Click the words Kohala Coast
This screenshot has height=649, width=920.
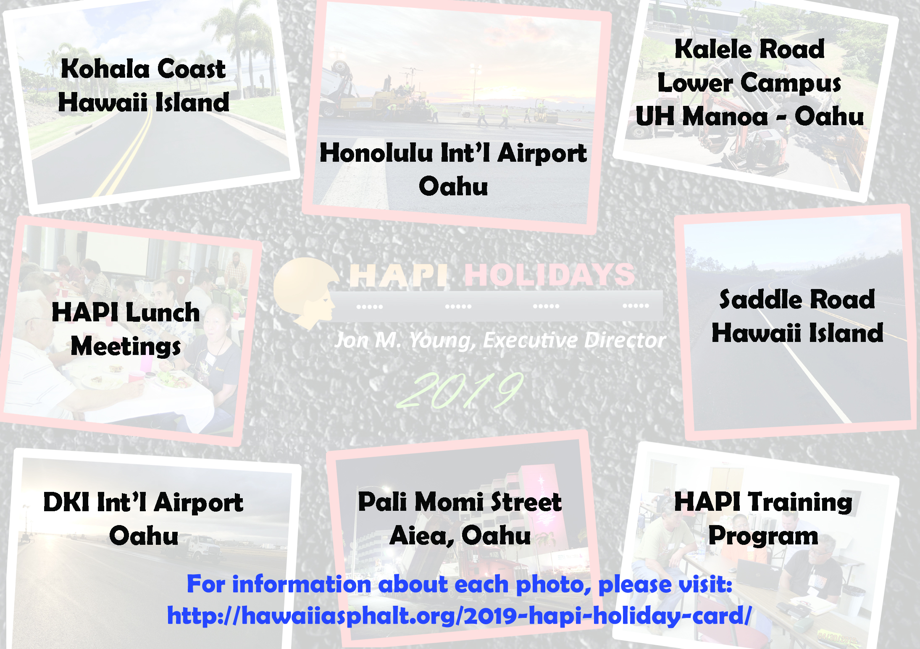point(143,68)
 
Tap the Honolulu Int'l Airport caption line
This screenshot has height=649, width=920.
point(453,153)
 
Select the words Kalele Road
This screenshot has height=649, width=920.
point(749,49)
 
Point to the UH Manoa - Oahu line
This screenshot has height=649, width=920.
point(749,116)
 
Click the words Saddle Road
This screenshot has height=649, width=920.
point(797,300)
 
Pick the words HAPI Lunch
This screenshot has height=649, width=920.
point(126,312)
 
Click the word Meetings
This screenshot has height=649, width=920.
point(126,346)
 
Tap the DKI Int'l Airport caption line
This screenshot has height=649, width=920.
point(143,502)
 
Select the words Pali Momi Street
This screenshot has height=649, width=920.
point(460,502)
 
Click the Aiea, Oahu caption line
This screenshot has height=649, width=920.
point(460,536)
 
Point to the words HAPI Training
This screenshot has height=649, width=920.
point(763,502)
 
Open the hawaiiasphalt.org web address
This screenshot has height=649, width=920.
point(459,616)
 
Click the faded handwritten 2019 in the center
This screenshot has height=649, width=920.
point(460,390)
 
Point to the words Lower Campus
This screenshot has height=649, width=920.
point(749,83)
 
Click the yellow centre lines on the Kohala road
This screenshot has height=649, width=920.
point(126,155)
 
